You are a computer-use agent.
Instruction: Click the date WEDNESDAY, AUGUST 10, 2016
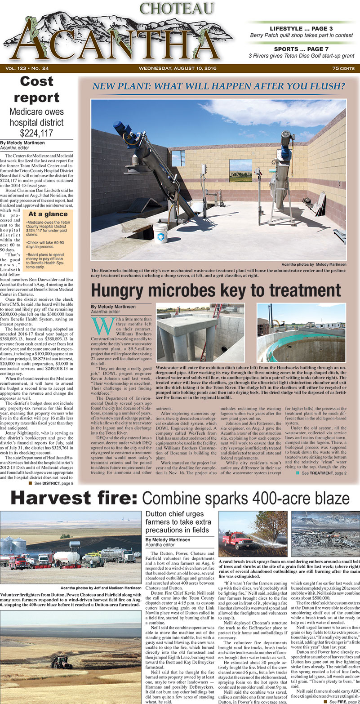click(178, 68)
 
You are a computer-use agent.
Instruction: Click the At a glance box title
click(44, 214)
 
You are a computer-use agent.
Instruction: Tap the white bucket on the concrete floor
click(160, 233)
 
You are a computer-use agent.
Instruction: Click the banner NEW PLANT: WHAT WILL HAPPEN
click(218, 85)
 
